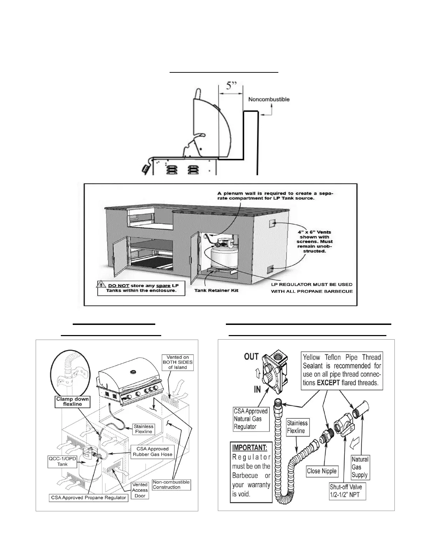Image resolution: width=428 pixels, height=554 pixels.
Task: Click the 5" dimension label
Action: pyautogui.click(x=231, y=86)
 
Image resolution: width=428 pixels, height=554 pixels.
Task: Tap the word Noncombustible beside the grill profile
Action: pyautogui.click(x=269, y=99)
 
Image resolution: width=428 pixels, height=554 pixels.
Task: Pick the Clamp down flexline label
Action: pyautogui.click(x=73, y=402)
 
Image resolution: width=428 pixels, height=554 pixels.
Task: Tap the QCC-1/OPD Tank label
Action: pyautogui.click(x=63, y=462)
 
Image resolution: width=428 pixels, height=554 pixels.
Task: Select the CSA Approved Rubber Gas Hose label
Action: pyautogui.click(x=152, y=452)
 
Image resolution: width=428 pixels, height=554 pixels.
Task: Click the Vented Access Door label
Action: pyautogui.click(x=140, y=490)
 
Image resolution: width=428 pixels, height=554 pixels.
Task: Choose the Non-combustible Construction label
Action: pyautogui.click(x=171, y=484)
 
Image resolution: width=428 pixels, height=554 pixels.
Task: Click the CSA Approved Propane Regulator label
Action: pyautogui.click(x=88, y=497)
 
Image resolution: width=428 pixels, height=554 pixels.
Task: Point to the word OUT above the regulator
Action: pyautogui.click(x=251, y=357)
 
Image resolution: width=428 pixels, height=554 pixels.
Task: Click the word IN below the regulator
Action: pyautogui.click(x=257, y=389)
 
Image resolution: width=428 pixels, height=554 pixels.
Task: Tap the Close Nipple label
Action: pyautogui.click(x=322, y=471)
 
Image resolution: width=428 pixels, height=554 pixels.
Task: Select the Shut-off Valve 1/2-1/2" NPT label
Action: pyautogui.click(x=345, y=491)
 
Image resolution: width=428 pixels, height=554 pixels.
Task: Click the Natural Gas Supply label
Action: pyautogui.click(x=360, y=467)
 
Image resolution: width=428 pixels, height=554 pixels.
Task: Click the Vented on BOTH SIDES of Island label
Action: pyautogui.click(x=178, y=362)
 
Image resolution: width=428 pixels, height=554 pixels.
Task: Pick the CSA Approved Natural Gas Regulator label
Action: pyautogui.click(x=251, y=419)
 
